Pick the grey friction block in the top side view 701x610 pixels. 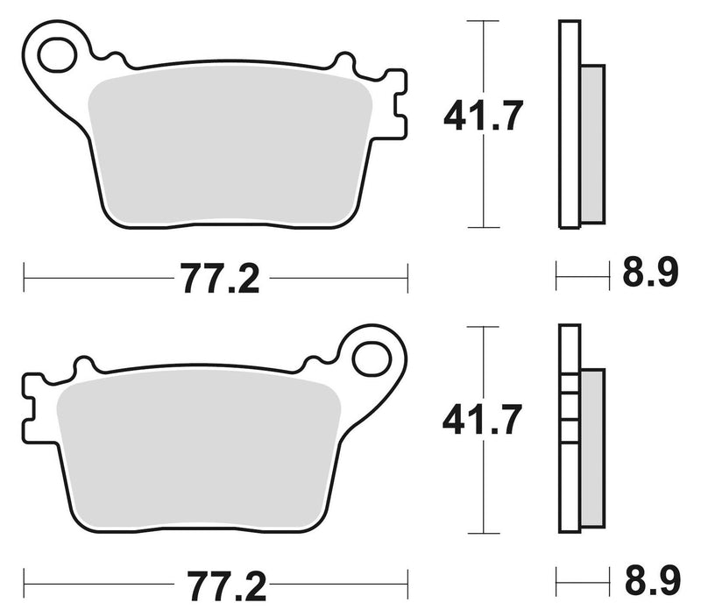pyautogui.click(x=592, y=144)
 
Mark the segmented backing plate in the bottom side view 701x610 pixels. pyautogui.click(x=569, y=429)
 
